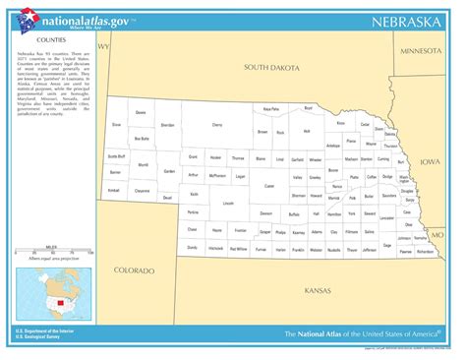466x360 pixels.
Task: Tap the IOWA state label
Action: point(431,161)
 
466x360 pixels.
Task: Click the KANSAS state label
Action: point(318,291)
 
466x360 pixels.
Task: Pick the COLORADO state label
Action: point(134,270)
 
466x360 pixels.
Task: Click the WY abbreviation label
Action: point(102,46)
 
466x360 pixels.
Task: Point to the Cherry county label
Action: point(217,125)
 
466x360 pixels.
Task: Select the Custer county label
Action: point(268,186)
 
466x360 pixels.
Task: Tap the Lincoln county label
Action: point(228,203)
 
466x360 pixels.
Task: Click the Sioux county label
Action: point(116,125)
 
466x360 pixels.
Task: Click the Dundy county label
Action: point(192,249)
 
